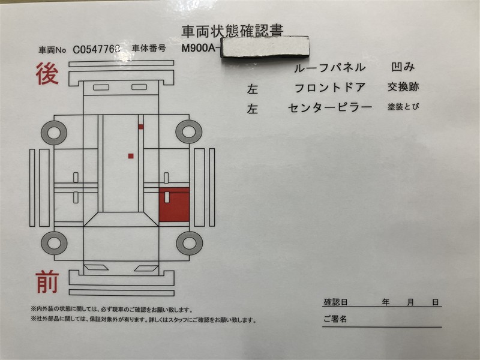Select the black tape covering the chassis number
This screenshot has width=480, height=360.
click(x=265, y=48)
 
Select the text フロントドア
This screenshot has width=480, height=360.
click(x=329, y=88)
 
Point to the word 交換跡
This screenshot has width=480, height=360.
click(x=403, y=87)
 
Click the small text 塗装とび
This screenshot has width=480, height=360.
click(x=403, y=107)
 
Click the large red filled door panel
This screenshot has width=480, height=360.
click(x=174, y=205)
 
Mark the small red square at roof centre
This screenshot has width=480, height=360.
click(x=131, y=156)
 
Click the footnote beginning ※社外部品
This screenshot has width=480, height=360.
click(x=143, y=320)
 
